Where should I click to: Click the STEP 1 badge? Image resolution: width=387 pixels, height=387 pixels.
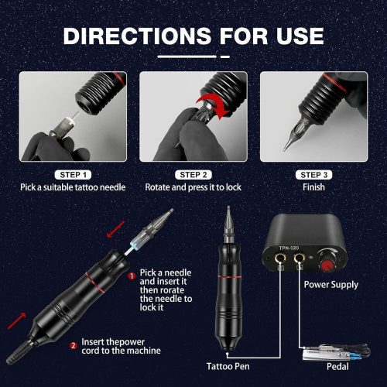(73, 175)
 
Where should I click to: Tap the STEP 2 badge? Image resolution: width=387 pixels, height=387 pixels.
(193, 175)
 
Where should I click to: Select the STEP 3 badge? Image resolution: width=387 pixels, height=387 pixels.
(313, 175)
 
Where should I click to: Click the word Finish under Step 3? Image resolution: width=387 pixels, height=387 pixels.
(313, 187)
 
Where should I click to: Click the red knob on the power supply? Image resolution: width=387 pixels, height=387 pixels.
(327, 265)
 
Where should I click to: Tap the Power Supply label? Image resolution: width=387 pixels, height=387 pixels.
(331, 285)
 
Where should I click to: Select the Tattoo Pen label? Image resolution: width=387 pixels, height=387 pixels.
(228, 366)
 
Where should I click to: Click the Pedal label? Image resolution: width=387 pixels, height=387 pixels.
(337, 366)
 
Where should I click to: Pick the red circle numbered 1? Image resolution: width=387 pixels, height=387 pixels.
(132, 276)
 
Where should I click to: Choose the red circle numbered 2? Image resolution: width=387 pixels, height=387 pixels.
(74, 345)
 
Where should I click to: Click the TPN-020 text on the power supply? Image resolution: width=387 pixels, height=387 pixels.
(289, 248)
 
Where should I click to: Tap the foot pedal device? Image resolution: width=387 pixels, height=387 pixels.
(335, 353)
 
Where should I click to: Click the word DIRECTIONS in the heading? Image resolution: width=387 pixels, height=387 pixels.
(137, 36)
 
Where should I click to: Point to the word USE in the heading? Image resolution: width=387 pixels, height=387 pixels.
(300, 36)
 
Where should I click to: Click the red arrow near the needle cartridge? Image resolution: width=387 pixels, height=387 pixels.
(115, 229)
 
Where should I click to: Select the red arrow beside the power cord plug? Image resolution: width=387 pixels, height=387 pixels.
(17, 320)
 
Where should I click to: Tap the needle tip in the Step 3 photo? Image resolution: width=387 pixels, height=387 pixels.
(285, 149)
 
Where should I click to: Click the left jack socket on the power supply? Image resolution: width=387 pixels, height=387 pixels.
(279, 258)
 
